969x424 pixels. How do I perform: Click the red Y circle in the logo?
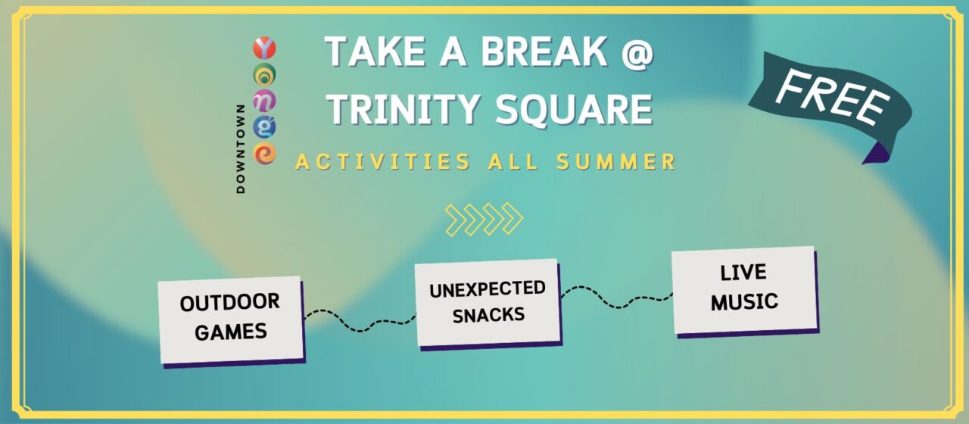[264, 48]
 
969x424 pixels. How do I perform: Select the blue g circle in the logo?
[264, 126]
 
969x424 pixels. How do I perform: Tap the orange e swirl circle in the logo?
[264, 153]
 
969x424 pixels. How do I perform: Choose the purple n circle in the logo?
[264, 100]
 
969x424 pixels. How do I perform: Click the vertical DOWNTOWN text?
[241, 148]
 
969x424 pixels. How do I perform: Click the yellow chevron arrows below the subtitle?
[484, 219]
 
